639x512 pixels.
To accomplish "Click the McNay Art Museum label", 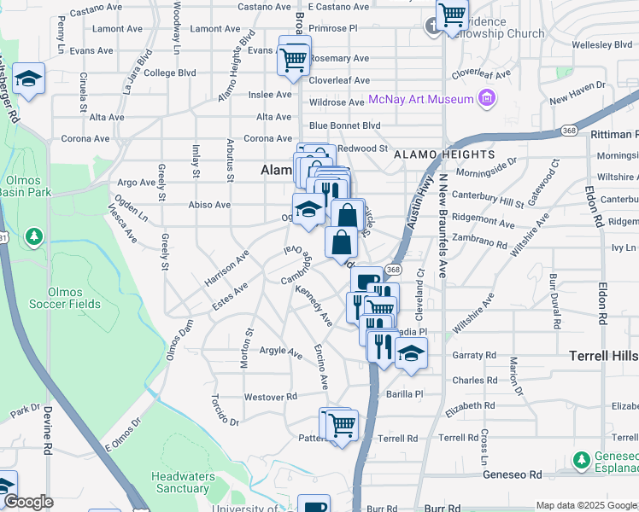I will coord(420,100).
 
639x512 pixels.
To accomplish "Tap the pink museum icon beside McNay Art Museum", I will coord(488,99).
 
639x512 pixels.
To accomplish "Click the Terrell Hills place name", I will coord(604,355).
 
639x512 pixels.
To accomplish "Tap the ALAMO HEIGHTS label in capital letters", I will coord(444,154).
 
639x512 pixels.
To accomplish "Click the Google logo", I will coord(28,502).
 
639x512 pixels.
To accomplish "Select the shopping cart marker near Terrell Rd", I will coord(341,422).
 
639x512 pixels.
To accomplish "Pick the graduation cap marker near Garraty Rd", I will coord(411,352).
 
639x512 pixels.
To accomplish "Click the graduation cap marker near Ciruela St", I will coord(28,80).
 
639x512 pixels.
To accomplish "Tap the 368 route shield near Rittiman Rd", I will coord(570,131).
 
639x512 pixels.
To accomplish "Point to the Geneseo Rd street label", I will coord(513,474).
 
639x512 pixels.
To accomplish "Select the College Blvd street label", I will coord(170,73).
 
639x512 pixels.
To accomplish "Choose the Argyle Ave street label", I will coord(281,351).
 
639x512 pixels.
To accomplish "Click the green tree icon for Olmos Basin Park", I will coord(33,235).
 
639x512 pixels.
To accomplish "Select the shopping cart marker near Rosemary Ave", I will coord(293,59).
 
